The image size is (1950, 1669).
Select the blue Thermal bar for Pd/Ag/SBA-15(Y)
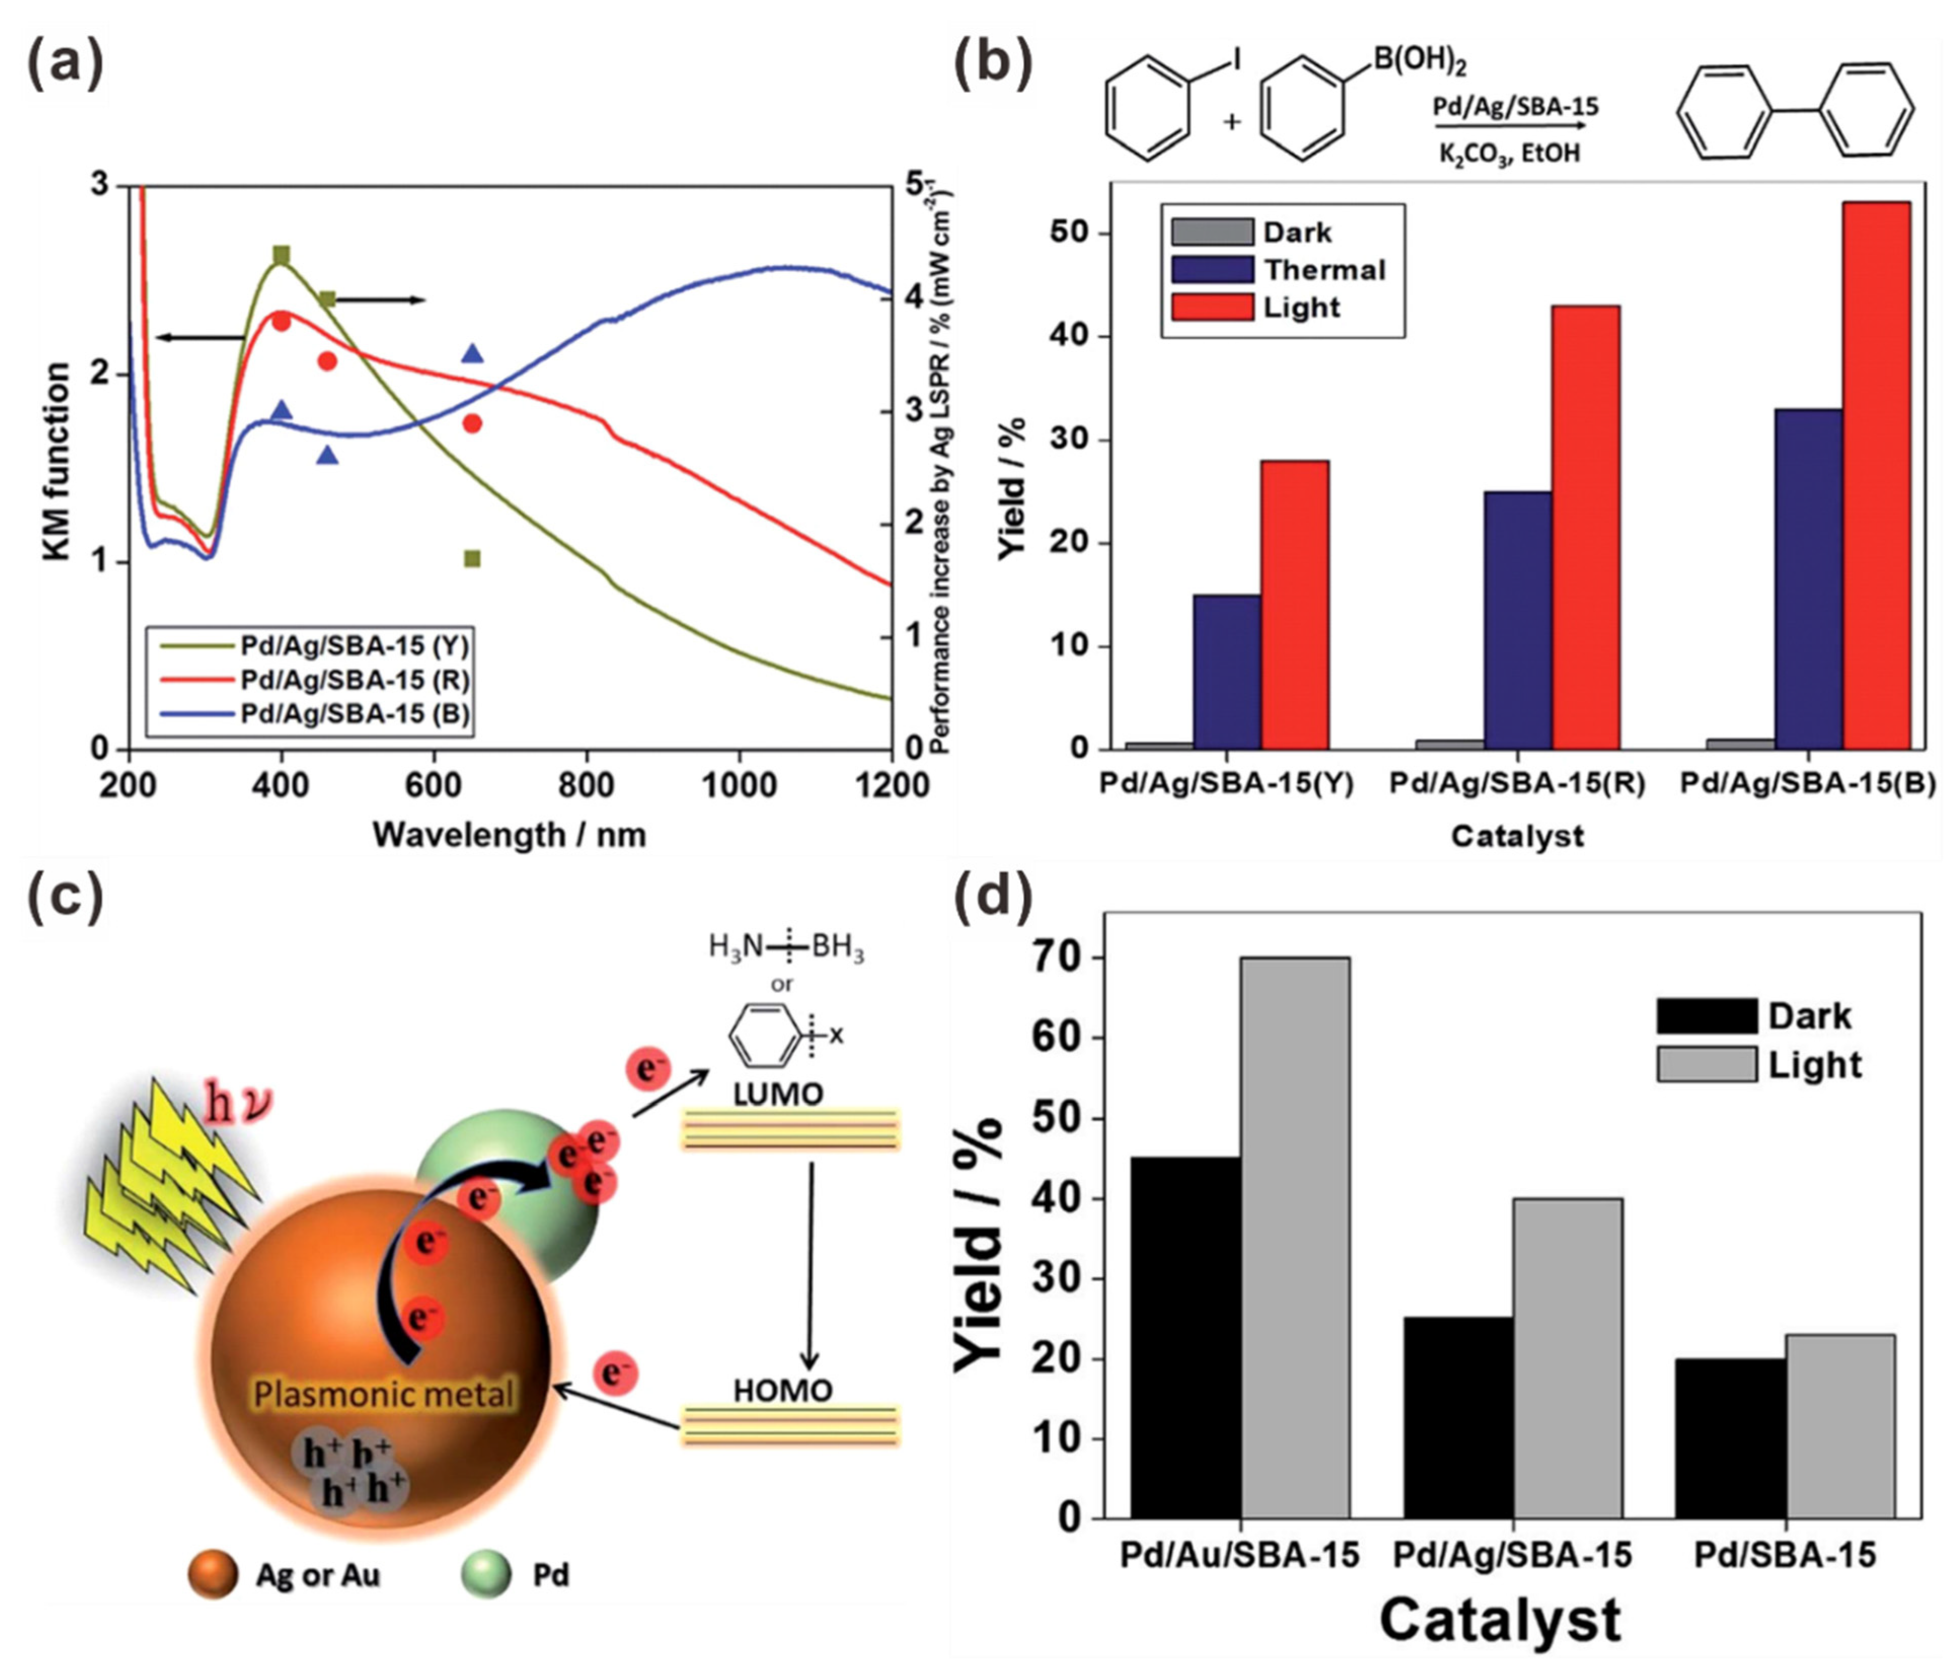1227,672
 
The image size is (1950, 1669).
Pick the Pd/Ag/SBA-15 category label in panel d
1511,1555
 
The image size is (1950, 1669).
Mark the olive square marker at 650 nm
473,559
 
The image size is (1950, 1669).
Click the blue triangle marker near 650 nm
473,354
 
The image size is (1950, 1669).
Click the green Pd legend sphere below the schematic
486,1575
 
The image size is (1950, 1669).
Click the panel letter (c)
63,897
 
